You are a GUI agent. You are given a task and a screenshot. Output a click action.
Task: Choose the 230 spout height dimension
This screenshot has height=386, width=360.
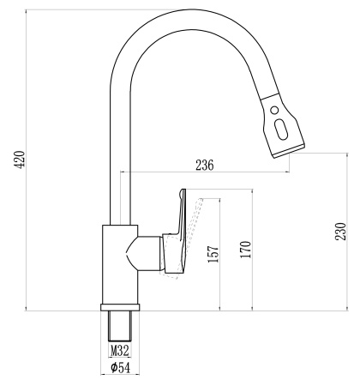click(x=341, y=232)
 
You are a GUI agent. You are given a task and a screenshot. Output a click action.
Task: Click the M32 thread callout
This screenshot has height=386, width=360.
click(x=120, y=351)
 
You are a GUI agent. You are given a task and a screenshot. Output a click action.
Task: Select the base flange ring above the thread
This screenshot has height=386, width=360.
click(x=121, y=308)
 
